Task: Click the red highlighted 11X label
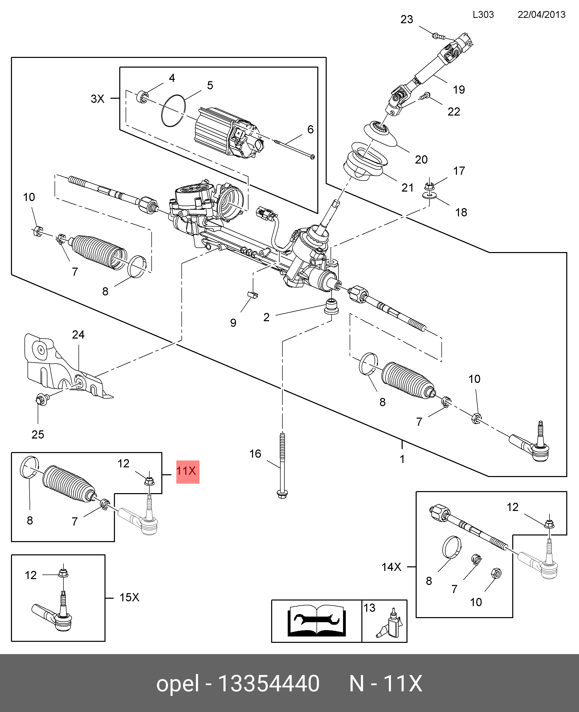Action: (188, 472)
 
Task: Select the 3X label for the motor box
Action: (98, 99)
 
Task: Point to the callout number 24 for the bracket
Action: (78, 334)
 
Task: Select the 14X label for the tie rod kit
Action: (391, 567)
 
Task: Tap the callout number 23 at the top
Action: (406, 19)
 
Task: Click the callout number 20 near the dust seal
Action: (421, 159)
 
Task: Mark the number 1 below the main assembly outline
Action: (402, 459)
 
